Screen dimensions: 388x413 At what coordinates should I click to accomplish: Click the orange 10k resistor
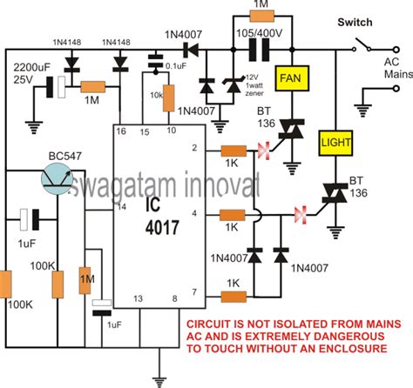pos(170,99)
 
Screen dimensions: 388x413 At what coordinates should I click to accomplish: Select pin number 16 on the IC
pos(120,131)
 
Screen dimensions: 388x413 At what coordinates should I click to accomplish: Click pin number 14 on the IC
pos(120,205)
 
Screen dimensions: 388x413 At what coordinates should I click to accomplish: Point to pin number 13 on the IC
pos(137,298)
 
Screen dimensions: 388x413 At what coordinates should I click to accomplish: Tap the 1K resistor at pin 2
pos(233,152)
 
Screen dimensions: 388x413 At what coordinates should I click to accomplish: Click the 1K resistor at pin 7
pos(233,297)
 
